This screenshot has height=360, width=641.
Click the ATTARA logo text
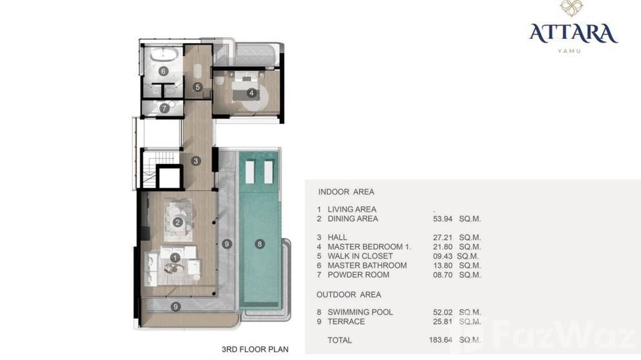tap(573, 33)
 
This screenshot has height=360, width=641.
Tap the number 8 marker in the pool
tap(259, 244)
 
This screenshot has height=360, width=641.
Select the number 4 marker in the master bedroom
tap(251, 93)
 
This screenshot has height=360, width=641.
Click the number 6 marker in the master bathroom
tap(163, 71)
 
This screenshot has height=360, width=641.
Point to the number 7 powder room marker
tap(164, 108)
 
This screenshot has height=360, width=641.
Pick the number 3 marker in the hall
tap(195, 161)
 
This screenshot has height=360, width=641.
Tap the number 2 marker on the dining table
tap(178, 222)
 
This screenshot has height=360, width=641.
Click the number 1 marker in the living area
tap(175, 257)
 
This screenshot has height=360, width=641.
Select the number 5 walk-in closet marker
tap(198, 87)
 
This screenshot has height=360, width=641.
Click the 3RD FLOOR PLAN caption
tap(255, 349)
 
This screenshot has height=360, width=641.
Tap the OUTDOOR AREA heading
tap(349, 295)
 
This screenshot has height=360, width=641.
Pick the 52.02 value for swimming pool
tap(443, 312)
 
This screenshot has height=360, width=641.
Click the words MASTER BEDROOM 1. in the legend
tap(369, 247)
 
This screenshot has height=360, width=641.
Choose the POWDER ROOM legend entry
tap(358, 275)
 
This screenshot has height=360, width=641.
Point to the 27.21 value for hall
tap(443, 237)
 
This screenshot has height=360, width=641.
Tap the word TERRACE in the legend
tap(346, 322)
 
